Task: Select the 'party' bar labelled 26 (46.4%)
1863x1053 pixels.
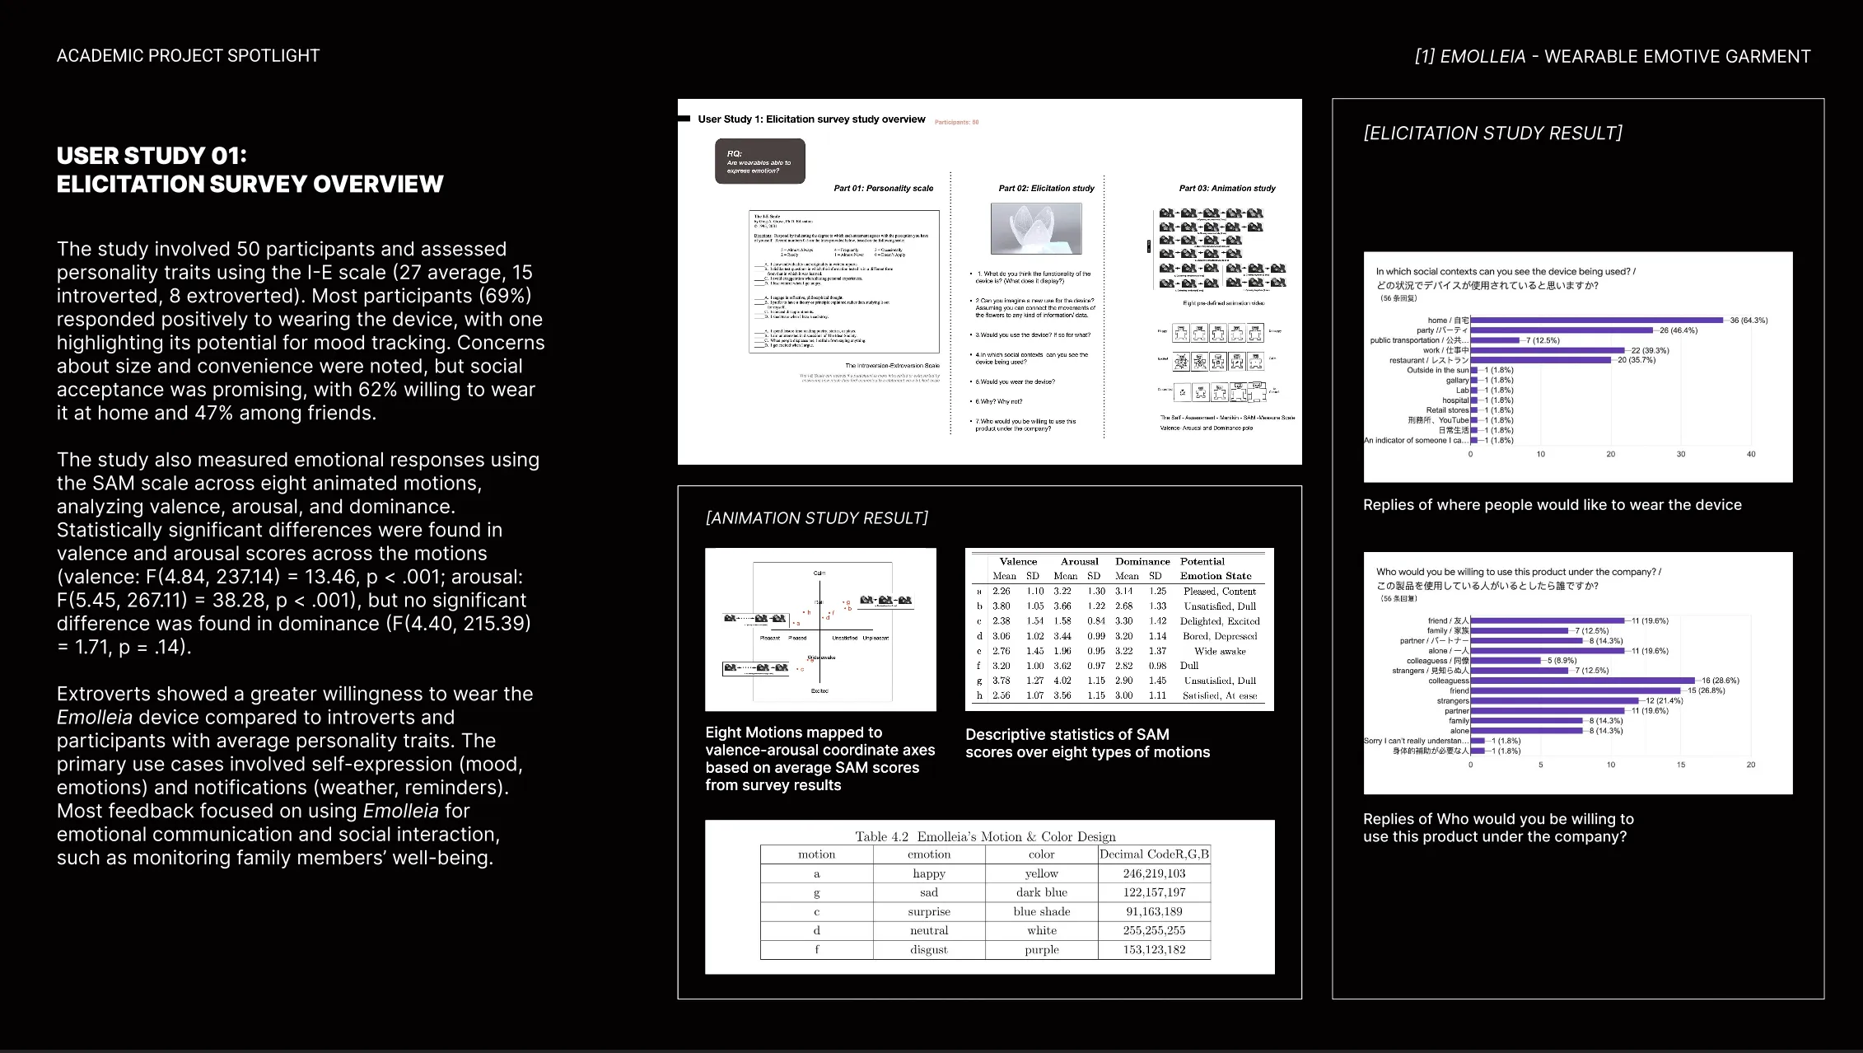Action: click(1562, 330)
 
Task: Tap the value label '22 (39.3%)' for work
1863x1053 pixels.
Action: click(1650, 350)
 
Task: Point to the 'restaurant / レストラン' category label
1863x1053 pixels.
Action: click(1429, 360)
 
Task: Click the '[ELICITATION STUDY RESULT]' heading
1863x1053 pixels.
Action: click(1492, 133)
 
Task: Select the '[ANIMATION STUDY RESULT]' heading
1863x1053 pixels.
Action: click(816, 518)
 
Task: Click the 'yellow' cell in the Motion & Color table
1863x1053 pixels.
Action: click(1041, 873)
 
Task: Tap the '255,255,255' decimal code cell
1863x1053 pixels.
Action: click(1154, 930)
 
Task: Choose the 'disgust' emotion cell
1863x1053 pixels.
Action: click(929, 949)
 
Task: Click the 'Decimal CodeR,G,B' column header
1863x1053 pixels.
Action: click(1154, 854)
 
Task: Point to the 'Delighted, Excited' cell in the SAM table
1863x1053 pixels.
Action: click(1220, 621)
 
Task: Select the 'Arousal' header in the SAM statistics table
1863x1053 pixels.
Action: click(1079, 561)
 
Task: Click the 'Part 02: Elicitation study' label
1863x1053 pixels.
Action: click(1046, 189)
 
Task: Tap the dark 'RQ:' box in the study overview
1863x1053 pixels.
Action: click(759, 161)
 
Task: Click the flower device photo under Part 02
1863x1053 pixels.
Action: click(1036, 229)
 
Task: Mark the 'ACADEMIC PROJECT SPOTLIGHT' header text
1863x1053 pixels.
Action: click(188, 56)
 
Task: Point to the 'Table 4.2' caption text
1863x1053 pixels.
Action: click(881, 837)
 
